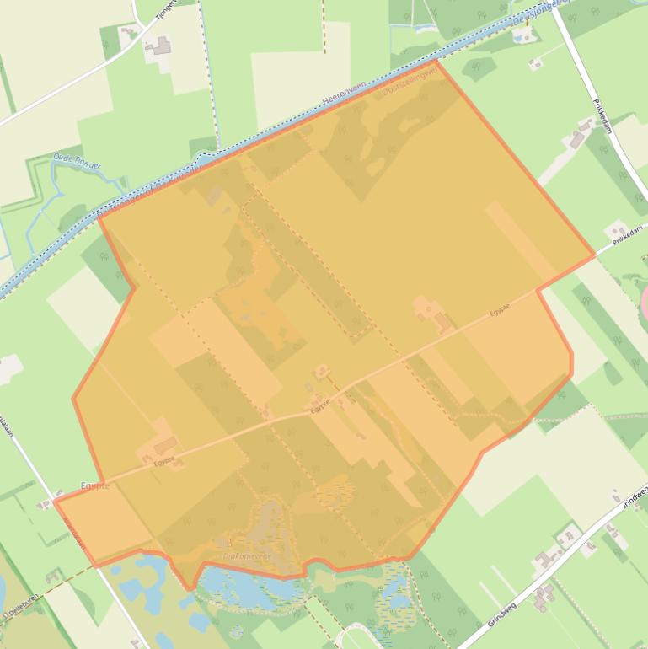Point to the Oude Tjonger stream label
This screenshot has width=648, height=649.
point(77,160)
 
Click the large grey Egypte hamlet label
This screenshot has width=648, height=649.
point(95,486)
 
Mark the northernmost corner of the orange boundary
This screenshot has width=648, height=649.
point(436,61)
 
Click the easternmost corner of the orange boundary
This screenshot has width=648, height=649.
point(595,254)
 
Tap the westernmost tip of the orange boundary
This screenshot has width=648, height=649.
point(55,501)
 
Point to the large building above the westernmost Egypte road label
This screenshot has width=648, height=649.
point(164,442)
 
